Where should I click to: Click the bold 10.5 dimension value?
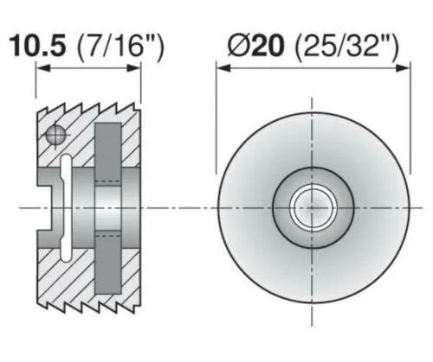[38, 46]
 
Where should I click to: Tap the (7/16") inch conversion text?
[120, 47]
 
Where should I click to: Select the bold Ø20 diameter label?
[255, 46]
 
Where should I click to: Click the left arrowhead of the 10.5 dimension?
[43, 68]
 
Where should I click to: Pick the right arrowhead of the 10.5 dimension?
[133, 68]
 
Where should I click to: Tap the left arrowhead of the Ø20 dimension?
[223, 68]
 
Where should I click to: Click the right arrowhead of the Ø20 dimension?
[403, 68]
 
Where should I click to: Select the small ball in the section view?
[55, 134]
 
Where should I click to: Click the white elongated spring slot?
[65, 208]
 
